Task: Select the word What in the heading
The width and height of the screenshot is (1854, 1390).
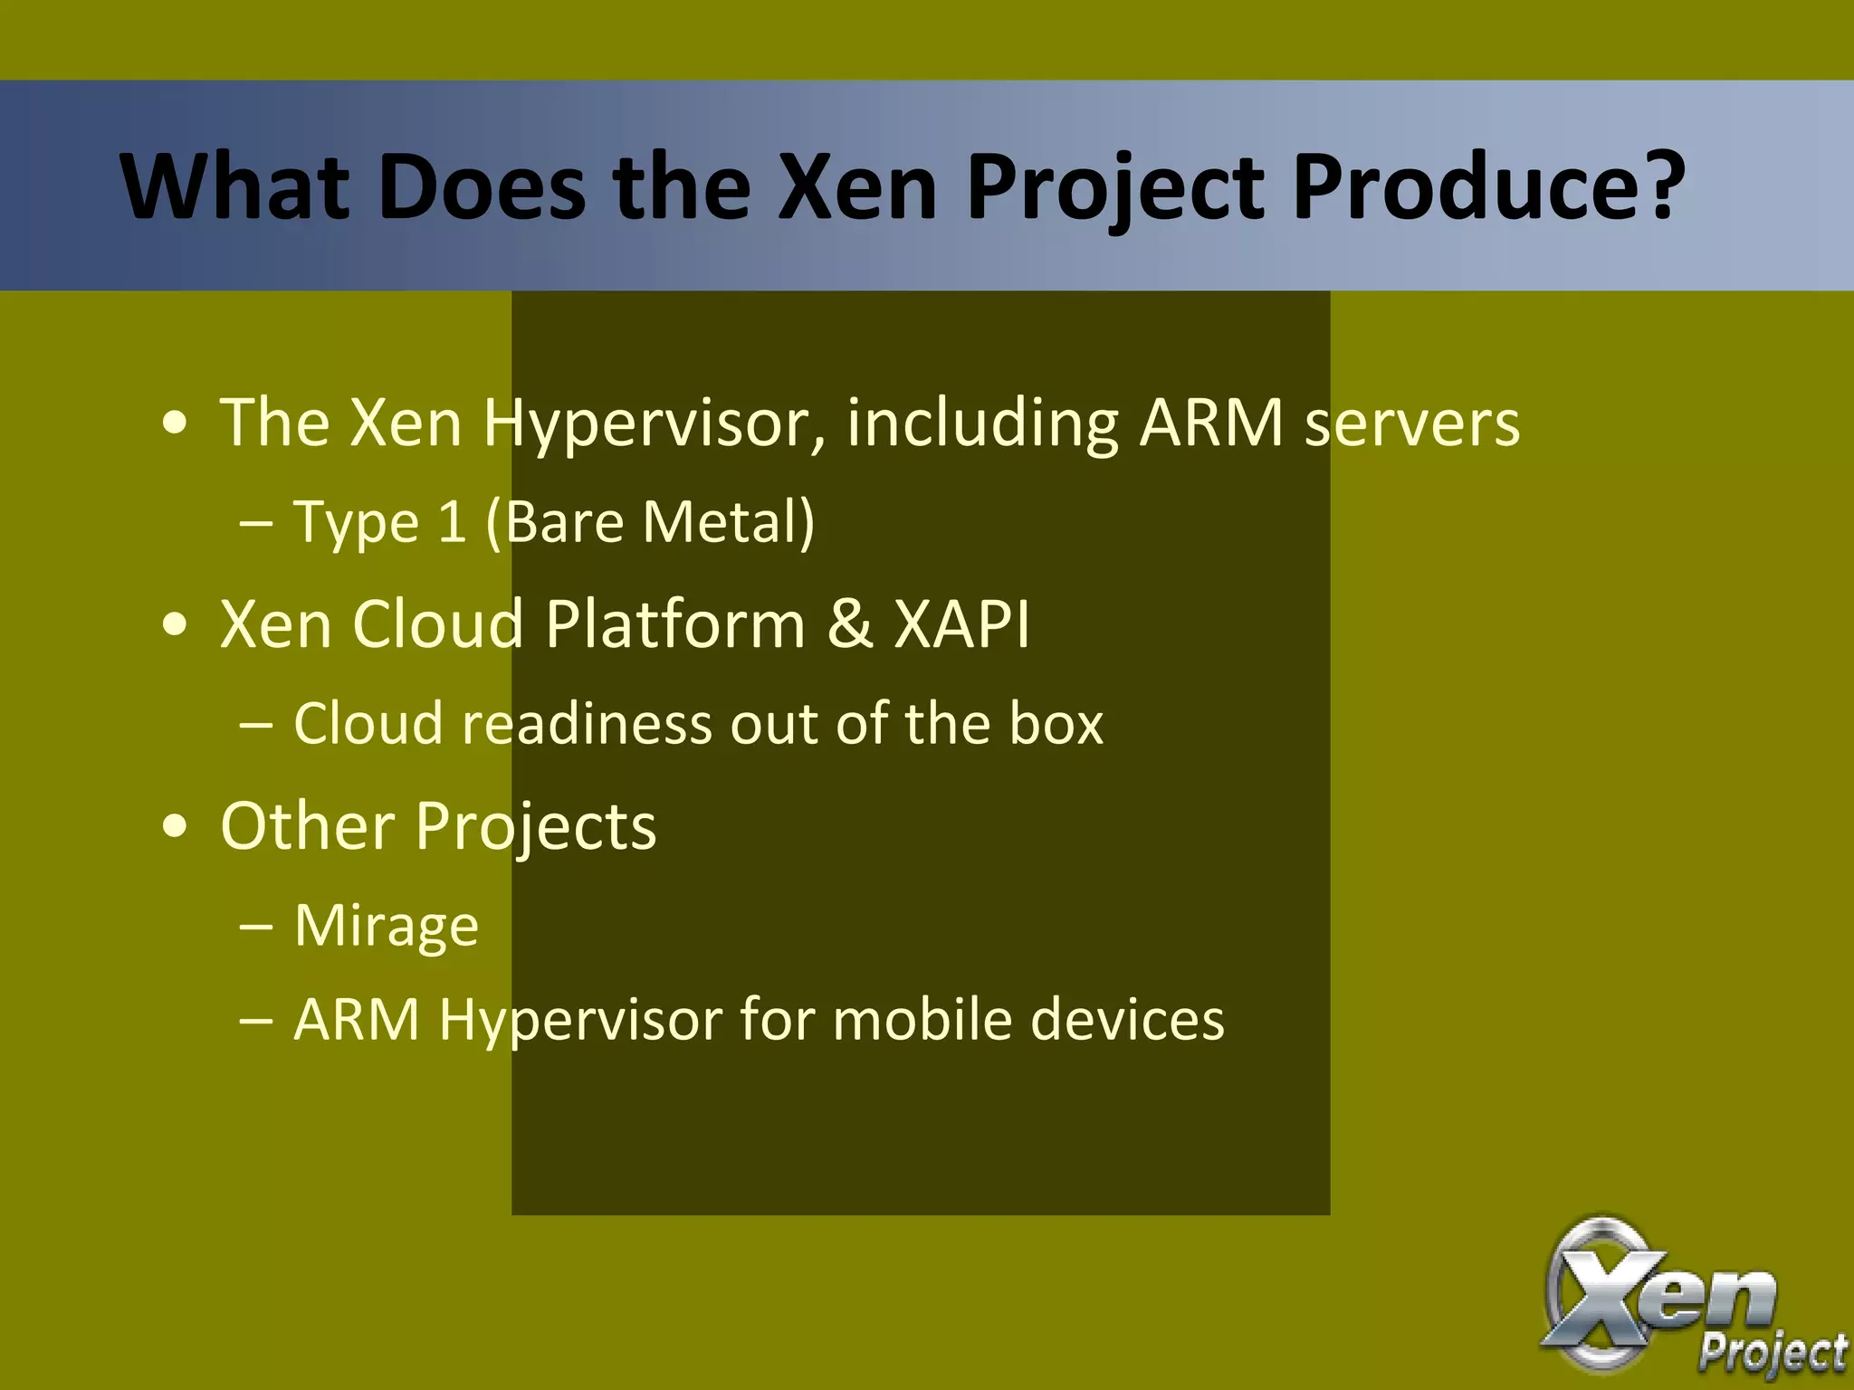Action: (234, 187)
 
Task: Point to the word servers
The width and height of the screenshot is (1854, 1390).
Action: (1411, 424)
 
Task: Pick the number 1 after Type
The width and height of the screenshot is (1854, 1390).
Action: (451, 522)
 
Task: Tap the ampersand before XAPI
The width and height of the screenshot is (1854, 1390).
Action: (849, 624)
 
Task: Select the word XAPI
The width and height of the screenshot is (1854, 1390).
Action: (961, 624)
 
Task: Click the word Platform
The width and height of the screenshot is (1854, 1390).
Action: (674, 624)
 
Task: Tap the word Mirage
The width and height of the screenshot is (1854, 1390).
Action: (387, 926)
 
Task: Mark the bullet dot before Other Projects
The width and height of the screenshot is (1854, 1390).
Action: (176, 826)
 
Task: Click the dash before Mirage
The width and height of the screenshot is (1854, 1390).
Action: (257, 926)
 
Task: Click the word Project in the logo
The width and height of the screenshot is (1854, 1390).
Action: (1773, 1354)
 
